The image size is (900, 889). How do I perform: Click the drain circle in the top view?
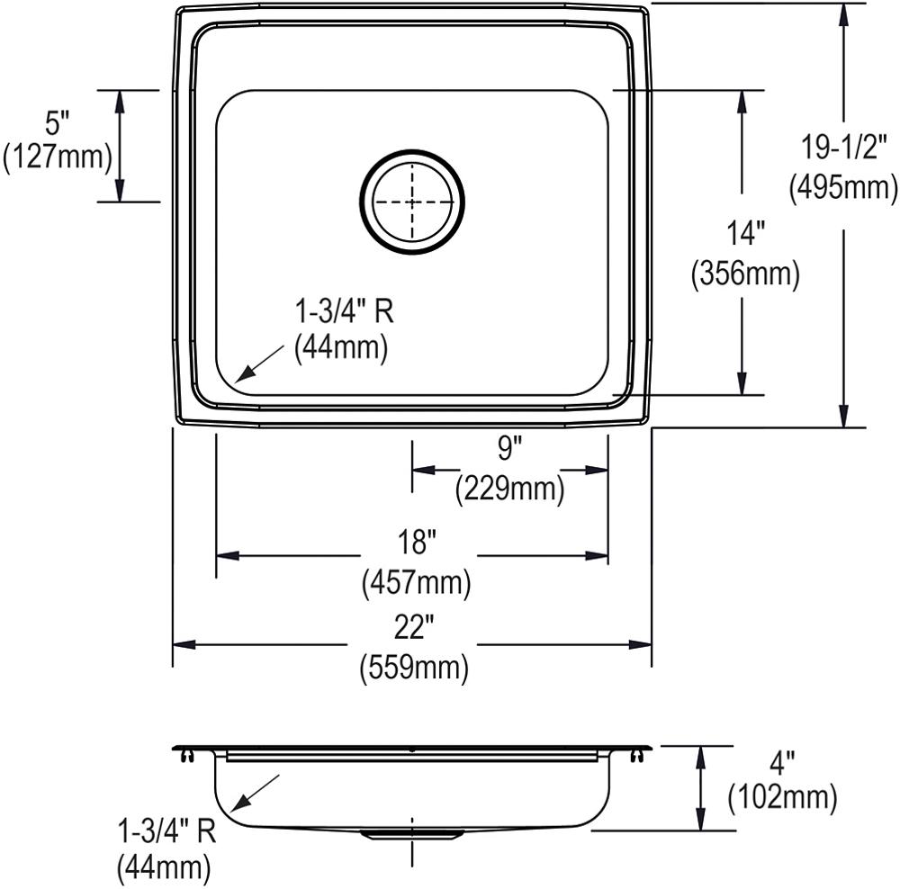tap(412, 200)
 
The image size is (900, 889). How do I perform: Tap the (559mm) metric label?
tap(415, 668)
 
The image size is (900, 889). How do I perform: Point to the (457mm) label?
tap(416, 584)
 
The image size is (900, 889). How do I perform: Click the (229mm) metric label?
tap(509, 488)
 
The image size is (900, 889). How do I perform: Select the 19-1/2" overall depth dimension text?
tap(842, 147)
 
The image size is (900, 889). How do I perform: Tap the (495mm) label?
tap(842, 187)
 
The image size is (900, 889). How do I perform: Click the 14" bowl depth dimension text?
tap(745, 234)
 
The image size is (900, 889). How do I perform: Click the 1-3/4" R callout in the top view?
tap(344, 312)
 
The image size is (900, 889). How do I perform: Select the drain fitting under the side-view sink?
tap(412, 836)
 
